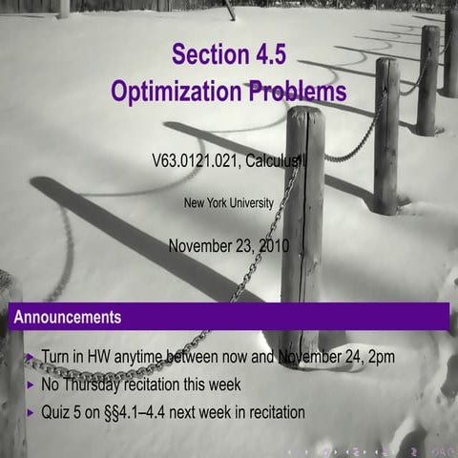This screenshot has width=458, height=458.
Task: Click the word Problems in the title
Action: pos(299,93)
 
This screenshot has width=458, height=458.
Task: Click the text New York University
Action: pos(228,202)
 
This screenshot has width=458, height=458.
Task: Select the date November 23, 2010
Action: pos(228,245)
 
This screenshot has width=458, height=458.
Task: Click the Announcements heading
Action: pos(67,316)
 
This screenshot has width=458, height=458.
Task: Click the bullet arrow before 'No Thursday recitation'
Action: pos(29,385)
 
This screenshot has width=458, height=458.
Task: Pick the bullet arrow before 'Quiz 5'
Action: pos(29,413)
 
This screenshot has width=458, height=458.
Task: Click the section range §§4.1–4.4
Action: pos(159,413)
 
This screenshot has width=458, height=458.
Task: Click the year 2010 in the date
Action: pos(271,245)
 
